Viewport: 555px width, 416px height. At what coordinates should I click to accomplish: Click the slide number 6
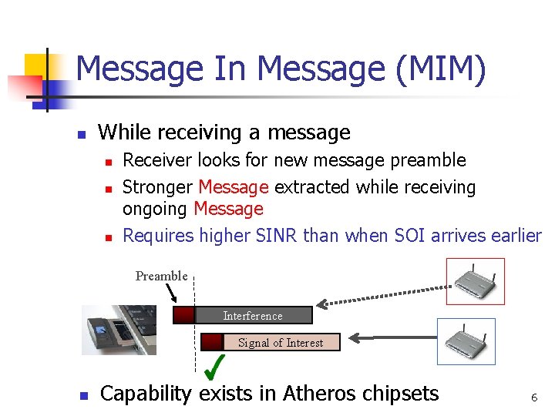pyautogui.click(x=533, y=398)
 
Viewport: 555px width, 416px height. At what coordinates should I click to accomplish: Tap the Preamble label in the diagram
pyautogui.click(x=161, y=276)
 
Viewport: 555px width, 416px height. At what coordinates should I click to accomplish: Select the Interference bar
pyautogui.click(x=253, y=315)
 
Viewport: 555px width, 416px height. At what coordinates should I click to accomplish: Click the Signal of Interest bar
pyautogui.click(x=281, y=342)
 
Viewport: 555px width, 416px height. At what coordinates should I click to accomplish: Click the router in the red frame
pyautogui.click(x=476, y=281)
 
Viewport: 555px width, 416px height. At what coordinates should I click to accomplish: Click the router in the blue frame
pyautogui.click(x=466, y=341)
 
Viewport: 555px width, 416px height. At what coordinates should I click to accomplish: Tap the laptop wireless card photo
pyautogui.click(x=119, y=330)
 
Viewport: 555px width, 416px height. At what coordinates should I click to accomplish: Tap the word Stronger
pyautogui.click(x=158, y=187)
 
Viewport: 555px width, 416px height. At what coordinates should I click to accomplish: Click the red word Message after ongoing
pyautogui.click(x=228, y=209)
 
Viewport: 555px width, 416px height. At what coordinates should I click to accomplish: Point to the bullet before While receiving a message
pyautogui.click(x=82, y=135)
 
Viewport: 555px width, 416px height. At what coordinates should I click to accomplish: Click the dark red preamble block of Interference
pyautogui.click(x=183, y=315)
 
